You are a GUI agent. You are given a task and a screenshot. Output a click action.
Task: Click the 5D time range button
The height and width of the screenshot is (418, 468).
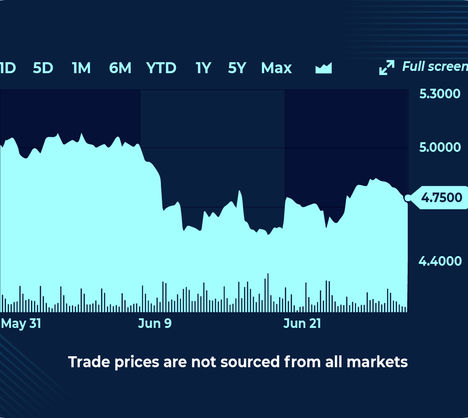coord(43,68)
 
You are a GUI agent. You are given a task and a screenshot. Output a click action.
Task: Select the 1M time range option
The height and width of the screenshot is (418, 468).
coord(81,68)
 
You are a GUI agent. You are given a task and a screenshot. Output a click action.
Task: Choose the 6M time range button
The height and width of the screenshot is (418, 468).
coord(120,68)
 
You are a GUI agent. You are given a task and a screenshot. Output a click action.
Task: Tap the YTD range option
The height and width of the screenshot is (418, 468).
coord(161,68)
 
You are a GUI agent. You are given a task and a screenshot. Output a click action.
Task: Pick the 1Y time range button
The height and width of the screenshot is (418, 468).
coord(203,68)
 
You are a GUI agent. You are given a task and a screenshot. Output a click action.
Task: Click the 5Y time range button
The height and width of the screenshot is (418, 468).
coord(237,68)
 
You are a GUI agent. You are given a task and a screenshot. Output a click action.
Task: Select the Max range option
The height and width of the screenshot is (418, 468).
coord(276,68)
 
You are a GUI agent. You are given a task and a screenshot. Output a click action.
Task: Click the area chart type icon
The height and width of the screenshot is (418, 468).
coord(324,68)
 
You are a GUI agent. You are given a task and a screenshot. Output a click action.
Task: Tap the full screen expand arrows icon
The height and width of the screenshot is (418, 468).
coord(387,67)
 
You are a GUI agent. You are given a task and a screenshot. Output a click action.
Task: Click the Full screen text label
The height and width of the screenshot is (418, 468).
coord(435,67)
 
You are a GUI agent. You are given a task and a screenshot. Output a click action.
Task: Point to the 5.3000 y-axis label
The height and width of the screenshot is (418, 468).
coord(440,94)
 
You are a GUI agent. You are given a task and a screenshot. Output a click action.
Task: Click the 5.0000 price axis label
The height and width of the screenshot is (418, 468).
coord(440,147)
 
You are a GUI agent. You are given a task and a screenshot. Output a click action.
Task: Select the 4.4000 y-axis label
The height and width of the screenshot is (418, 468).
coord(440,261)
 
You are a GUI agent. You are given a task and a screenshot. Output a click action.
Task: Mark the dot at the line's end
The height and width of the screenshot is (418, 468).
coord(407,198)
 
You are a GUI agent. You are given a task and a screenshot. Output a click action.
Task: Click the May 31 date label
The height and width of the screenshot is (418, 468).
coord(21,323)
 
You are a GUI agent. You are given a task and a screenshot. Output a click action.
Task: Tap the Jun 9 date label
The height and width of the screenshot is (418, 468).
coord(155,323)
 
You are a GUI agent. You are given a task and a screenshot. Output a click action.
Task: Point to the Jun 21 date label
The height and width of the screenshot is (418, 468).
coord(302,323)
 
